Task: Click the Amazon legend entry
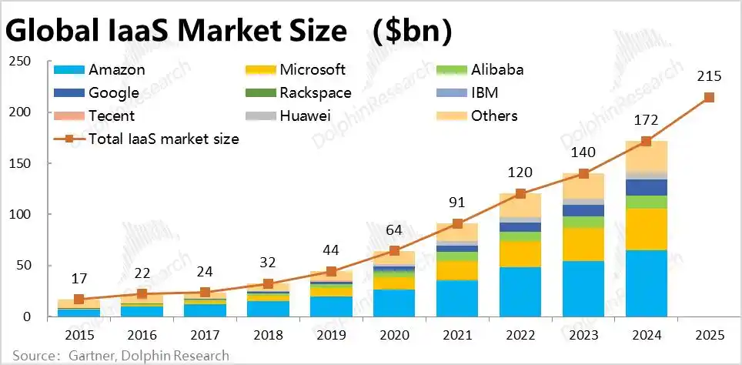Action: point(99,70)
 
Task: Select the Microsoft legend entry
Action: point(296,70)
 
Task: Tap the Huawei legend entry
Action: point(288,116)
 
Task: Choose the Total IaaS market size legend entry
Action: point(147,139)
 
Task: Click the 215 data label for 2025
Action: point(709,76)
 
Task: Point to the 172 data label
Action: point(646,120)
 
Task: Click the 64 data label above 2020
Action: point(394,230)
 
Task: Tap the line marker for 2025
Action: point(709,98)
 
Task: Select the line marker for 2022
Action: point(520,193)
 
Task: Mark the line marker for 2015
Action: point(79,300)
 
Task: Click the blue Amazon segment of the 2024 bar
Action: point(646,283)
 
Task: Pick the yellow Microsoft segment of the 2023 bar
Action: point(583,244)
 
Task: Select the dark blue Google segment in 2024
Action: point(646,187)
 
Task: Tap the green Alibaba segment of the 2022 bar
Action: point(520,236)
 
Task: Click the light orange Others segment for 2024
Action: point(646,156)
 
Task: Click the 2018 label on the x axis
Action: point(268,335)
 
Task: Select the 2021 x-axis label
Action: point(457,335)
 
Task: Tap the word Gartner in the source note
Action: point(92,356)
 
